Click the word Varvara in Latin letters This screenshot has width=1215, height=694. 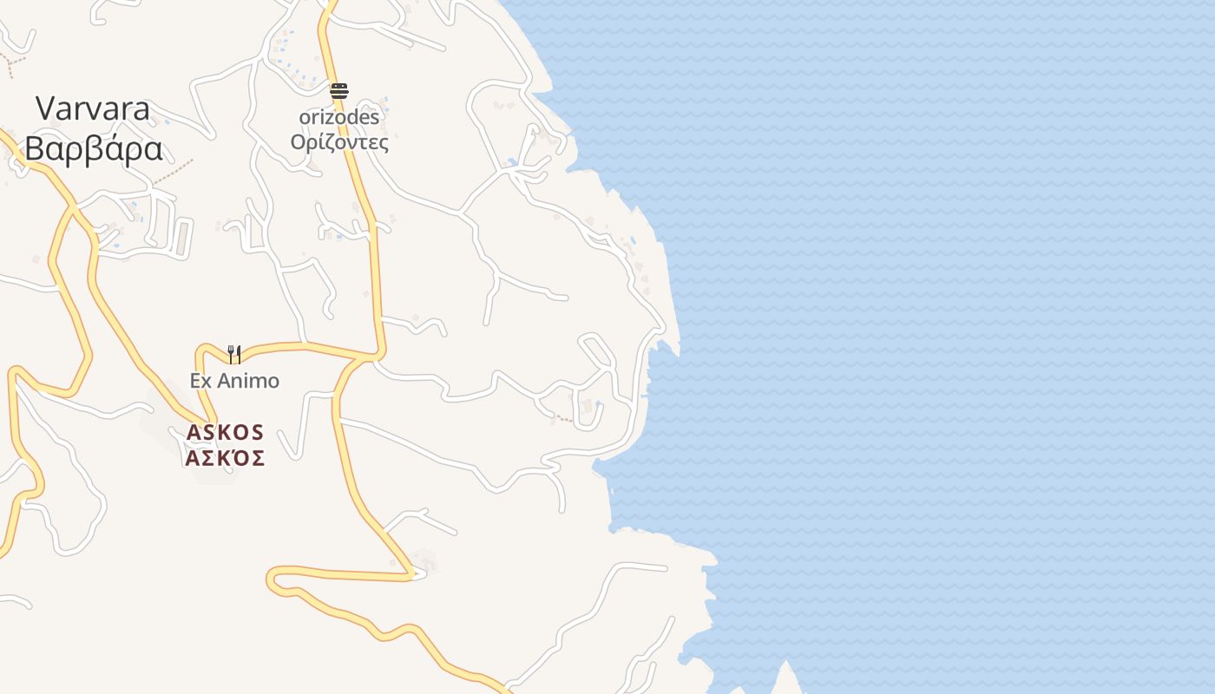click(x=93, y=109)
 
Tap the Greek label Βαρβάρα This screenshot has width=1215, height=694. click(x=93, y=149)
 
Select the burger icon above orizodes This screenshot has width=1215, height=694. click(x=339, y=90)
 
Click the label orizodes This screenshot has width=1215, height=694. click(x=339, y=116)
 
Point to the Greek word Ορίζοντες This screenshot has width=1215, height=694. click(x=339, y=142)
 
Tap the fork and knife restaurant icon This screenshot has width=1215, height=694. click(x=233, y=354)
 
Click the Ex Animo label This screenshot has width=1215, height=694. click(x=234, y=381)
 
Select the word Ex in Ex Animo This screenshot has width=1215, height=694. click(x=200, y=381)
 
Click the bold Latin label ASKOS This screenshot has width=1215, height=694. click(x=225, y=432)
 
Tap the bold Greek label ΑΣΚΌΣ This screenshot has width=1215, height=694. click(x=225, y=458)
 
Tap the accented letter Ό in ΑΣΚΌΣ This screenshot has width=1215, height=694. click(x=240, y=457)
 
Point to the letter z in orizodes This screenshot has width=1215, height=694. click(x=327, y=116)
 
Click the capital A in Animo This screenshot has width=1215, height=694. click(x=221, y=381)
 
